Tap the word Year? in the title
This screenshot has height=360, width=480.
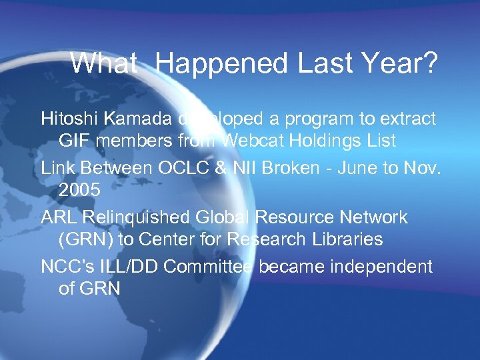tap(400, 64)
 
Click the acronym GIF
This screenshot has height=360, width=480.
tap(75, 141)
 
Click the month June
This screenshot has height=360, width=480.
tap(368, 168)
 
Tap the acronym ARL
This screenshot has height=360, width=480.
tap(58, 217)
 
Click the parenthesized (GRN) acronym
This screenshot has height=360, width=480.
tap(86, 239)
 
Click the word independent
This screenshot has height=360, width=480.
tap(377, 267)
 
